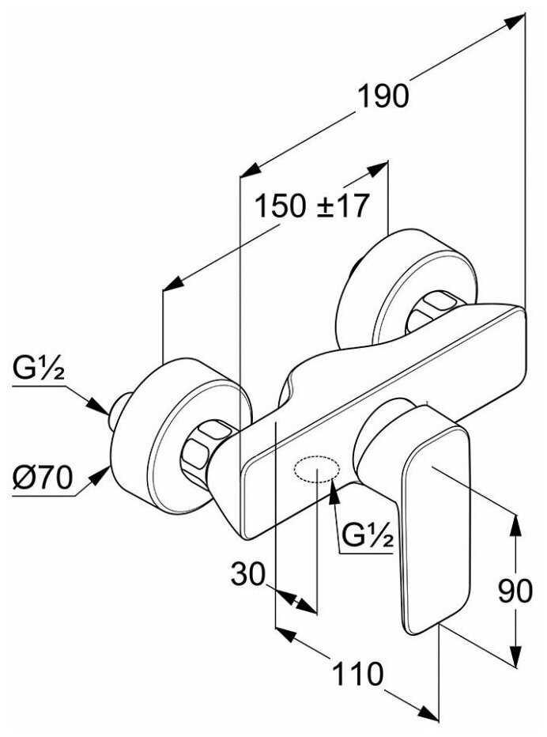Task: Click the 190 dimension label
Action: (383, 96)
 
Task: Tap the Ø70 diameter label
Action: (43, 478)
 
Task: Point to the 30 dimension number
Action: (248, 573)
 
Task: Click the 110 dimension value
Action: (357, 673)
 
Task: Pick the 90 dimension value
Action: (515, 591)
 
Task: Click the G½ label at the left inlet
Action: (39, 368)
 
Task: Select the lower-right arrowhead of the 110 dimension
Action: (428, 712)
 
